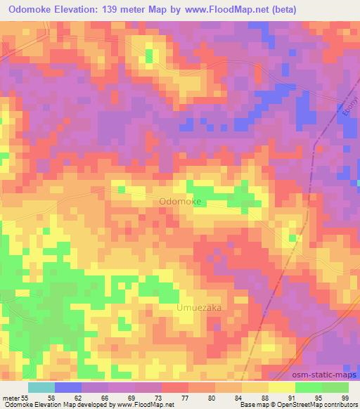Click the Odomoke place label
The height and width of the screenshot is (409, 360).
[181, 202]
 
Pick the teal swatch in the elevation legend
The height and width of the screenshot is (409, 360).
[41, 387]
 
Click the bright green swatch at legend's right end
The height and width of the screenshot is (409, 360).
[335, 387]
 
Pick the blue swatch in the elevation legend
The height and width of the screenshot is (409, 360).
[68, 387]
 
